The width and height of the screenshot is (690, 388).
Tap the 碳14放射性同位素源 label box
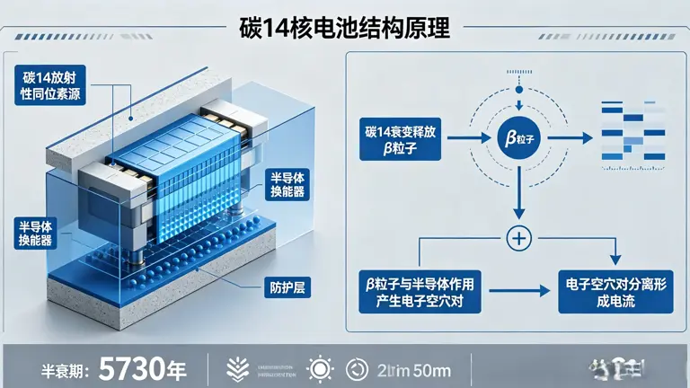(50, 85)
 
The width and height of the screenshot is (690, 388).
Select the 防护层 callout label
(288, 289)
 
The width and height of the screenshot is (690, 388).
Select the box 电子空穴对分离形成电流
(614, 292)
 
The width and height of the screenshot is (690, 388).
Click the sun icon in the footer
(319, 367)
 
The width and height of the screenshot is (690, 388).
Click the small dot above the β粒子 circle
(517, 91)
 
